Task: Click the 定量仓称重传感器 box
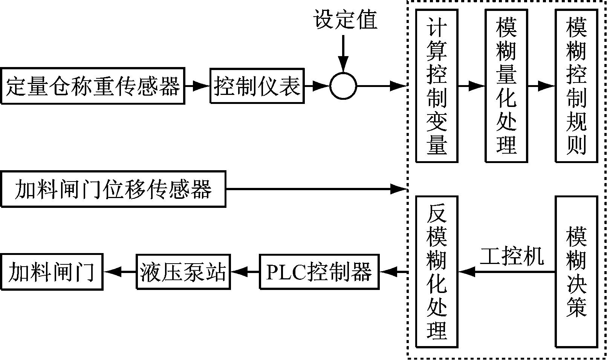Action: pyautogui.click(x=93, y=86)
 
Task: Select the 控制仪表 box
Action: pyautogui.click(x=257, y=86)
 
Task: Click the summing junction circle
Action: pyautogui.click(x=343, y=86)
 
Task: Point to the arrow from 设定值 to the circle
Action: pyautogui.click(x=343, y=53)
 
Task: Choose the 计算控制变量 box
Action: pyautogui.click(x=437, y=86)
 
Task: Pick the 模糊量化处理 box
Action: pyautogui.click(x=506, y=86)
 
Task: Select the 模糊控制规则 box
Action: pyautogui.click(x=576, y=86)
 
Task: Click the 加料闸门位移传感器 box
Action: pyautogui.click(x=113, y=189)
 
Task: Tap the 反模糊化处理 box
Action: pyautogui.click(x=437, y=272)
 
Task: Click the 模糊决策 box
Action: pyautogui.click(x=576, y=272)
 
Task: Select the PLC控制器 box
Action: pyautogui.click(x=319, y=272)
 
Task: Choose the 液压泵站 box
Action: pyautogui.click(x=183, y=272)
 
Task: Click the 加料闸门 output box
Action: pyautogui.click(x=52, y=272)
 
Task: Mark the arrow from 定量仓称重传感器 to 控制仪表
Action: pyautogui.click(x=197, y=86)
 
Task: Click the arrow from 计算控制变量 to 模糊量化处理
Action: pyautogui.click(x=471, y=86)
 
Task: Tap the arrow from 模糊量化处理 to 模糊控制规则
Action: pyautogui.click(x=541, y=86)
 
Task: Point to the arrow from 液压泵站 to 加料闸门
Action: pyautogui.click(x=119, y=272)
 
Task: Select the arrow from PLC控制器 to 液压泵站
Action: pyautogui.click(x=245, y=272)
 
